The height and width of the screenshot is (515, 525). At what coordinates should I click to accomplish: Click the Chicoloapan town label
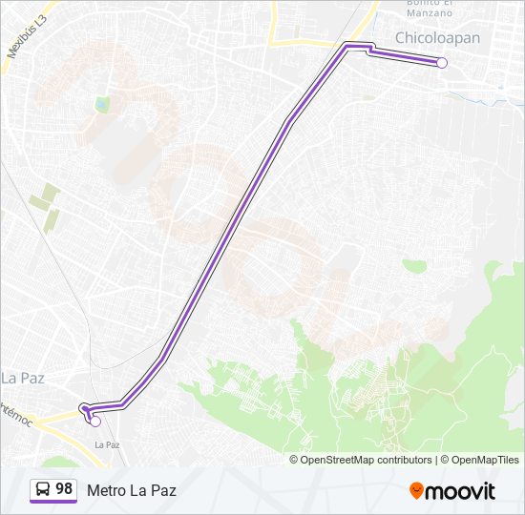pyautogui.click(x=438, y=37)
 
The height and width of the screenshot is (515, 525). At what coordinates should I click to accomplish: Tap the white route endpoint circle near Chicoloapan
pyautogui.click(x=442, y=63)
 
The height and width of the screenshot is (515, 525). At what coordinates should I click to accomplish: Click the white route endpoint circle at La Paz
pyautogui.click(x=95, y=421)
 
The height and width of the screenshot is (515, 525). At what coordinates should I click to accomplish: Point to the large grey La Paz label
pyautogui.click(x=22, y=378)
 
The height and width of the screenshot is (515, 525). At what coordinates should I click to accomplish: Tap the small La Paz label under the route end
pyautogui.click(x=107, y=444)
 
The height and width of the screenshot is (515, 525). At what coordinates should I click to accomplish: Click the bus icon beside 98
pyautogui.click(x=43, y=490)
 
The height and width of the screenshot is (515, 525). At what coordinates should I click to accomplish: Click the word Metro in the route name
pyautogui.click(x=106, y=490)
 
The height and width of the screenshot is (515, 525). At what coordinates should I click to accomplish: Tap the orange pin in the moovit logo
pyautogui.click(x=416, y=491)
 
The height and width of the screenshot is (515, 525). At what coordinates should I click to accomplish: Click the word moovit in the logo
pyautogui.click(x=460, y=491)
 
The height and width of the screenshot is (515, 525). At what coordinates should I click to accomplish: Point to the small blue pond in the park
pyautogui.click(x=102, y=104)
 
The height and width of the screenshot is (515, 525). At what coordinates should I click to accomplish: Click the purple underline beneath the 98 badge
pyautogui.click(x=53, y=502)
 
